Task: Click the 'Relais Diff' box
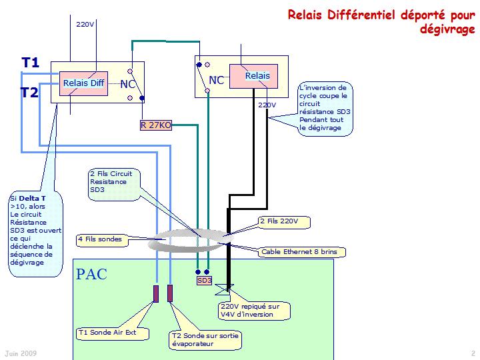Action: click(x=84, y=83)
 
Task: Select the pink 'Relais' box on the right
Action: click(x=257, y=76)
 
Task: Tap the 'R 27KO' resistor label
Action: click(x=155, y=125)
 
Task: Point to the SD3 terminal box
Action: click(x=204, y=281)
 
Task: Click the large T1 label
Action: click(x=31, y=63)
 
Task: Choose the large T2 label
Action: click(x=29, y=93)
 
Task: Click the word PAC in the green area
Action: click(x=91, y=274)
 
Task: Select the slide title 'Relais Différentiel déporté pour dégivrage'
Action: click(x=381, y=22)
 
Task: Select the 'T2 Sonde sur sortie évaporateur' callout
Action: click(x=203, y=340)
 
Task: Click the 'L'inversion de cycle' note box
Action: click(x=325, y=107)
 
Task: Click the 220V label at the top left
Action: click(x=85, y=24)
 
